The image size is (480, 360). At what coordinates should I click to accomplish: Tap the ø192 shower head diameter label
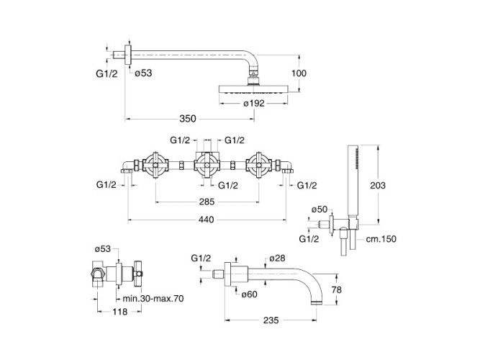255,104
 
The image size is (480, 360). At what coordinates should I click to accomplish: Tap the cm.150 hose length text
381,239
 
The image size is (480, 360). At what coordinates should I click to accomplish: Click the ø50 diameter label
319,209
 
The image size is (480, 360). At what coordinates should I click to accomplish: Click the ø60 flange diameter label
250,294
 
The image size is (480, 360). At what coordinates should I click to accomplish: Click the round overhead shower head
253,89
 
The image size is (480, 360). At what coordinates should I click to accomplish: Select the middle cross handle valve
209,166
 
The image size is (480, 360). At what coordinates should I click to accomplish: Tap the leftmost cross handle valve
158,166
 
